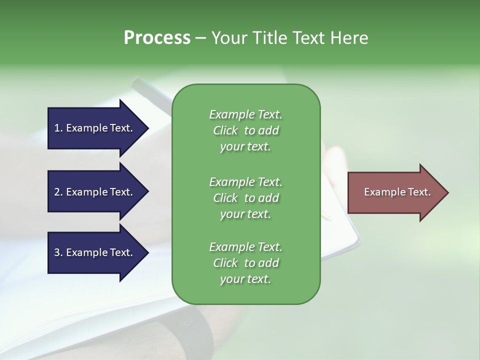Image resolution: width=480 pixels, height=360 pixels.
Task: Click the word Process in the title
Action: click(157, 38)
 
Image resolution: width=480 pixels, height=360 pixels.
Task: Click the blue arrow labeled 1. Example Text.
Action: click(95, 128)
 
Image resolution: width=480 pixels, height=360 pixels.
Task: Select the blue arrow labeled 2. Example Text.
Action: click(95, 192)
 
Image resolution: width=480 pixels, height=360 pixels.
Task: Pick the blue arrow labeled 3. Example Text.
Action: click(95, 252)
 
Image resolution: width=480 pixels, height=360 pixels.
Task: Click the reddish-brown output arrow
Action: click(395, 192)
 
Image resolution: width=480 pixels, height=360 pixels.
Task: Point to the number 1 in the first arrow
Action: click(57, 128)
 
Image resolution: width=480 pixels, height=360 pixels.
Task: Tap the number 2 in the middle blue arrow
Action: click(57, 192)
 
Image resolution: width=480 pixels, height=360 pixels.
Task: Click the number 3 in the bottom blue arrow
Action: click(57, 252)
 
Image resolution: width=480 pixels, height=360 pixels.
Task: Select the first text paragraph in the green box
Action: click(245, 130)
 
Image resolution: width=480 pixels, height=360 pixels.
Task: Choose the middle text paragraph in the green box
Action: click(245, 197)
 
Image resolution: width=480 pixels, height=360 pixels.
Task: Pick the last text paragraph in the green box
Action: click(245, 263)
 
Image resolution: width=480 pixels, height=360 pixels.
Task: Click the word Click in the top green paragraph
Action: click(225, 130)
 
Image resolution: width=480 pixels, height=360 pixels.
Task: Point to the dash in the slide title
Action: click(200, 38)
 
